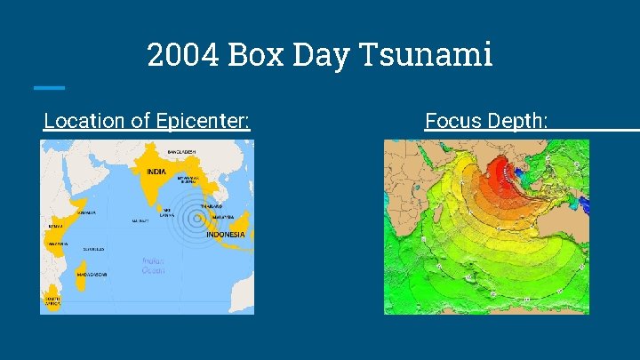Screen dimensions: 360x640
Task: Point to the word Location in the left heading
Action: point(84,120)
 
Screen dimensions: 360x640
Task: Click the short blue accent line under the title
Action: point(49,87)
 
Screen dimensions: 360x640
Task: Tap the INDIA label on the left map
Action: point(156,172)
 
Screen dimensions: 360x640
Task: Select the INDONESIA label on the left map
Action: point(226,235)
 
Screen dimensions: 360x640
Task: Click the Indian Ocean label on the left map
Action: point(153,266)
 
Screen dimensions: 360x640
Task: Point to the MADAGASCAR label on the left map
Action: point(92,274)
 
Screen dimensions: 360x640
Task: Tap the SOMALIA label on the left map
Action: point(86,213)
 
